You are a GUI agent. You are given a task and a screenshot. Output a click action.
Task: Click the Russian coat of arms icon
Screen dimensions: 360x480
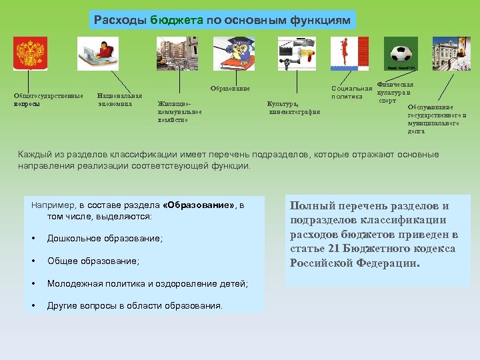click(31, 54)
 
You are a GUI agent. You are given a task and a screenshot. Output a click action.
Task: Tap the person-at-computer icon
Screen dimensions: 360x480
click(98, 54)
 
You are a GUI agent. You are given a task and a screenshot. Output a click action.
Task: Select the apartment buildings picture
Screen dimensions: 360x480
click(177, 53)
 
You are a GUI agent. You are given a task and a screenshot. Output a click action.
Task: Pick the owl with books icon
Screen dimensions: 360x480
click(233, 53)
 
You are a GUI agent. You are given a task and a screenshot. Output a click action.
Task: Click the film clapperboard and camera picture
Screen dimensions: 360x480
click(297, 54)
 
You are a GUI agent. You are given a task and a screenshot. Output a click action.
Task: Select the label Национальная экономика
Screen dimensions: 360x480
click(119, 100)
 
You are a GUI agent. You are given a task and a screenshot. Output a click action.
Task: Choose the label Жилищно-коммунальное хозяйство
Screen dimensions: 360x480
click(179, 111)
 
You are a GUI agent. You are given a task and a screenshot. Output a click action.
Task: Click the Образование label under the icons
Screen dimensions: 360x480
click(230, 89)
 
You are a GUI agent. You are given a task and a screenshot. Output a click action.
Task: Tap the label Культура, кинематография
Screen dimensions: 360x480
click(293, 108)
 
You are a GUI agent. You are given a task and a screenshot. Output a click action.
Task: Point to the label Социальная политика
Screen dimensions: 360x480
click(351, 93)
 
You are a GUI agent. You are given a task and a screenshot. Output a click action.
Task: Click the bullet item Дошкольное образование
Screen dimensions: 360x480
click(105, 239)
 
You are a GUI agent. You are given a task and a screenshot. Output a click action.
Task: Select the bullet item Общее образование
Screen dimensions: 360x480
click(93, 261)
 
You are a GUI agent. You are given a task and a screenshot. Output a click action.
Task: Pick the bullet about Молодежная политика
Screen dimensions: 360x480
click(147, 284)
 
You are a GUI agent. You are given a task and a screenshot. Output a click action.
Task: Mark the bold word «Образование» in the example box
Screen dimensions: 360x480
click(199, 205)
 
